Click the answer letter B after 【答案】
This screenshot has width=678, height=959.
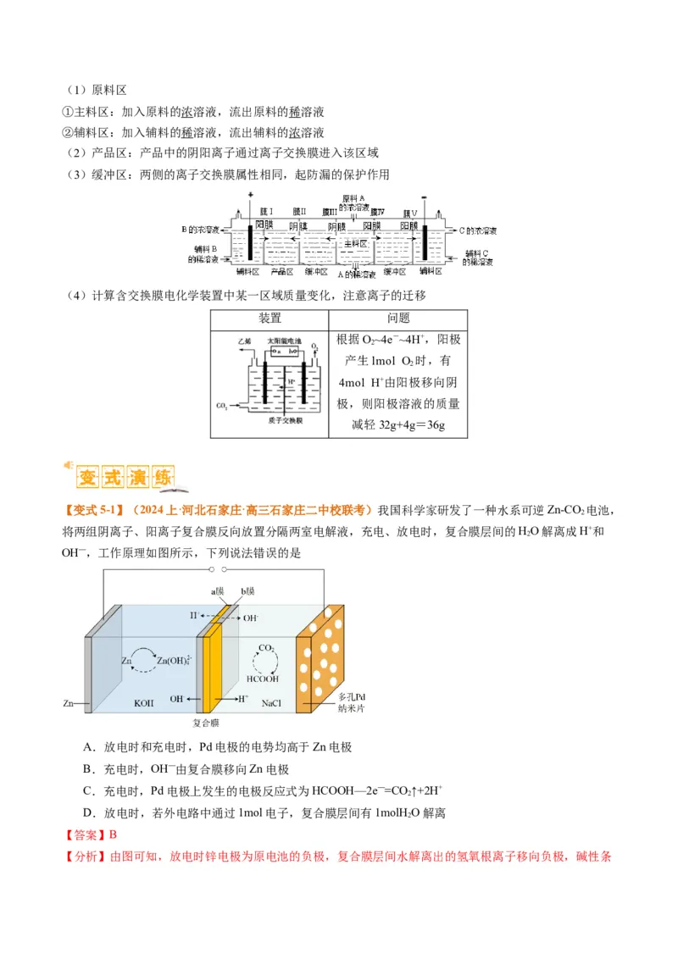113,834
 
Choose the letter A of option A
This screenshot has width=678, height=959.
88,746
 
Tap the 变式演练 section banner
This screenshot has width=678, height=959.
124,478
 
